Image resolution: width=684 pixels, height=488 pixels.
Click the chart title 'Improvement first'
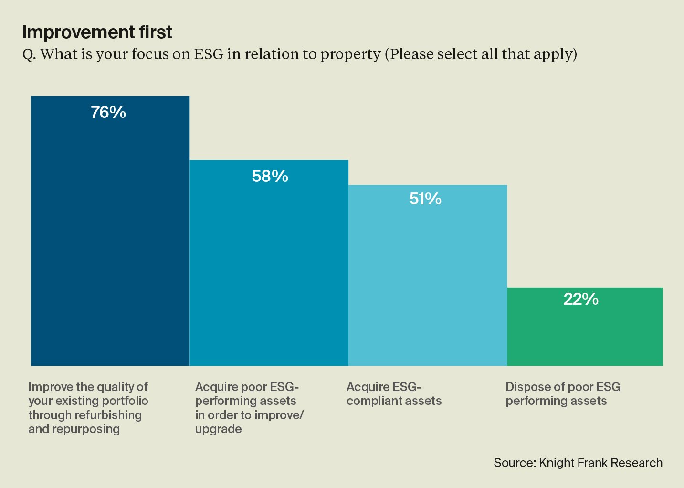click(97, 32)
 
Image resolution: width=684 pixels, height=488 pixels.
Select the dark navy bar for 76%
click(110, 239)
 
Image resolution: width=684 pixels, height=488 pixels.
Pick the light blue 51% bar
click(427, 282)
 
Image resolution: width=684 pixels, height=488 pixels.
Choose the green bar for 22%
click(585, 334)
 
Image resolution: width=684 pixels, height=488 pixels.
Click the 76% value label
click(108, 112)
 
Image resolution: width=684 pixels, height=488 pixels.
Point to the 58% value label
click(270, 177)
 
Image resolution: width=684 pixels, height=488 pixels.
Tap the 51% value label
click(425, 199)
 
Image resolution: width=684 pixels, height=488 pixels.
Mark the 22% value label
click(581, 299)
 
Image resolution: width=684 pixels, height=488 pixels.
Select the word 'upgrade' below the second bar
click(218, 429)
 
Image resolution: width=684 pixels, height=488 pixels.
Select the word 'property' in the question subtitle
click(350, 54)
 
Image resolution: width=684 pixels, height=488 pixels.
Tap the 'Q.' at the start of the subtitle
click(29, 54)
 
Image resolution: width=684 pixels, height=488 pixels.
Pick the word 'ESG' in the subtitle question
click(209, 54)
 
